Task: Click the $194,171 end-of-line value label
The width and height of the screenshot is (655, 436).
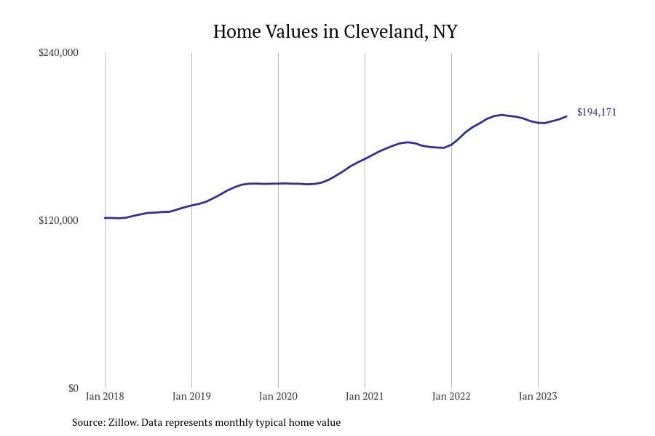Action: tap(597, 112)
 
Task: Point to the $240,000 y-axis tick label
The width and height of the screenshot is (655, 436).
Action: tap(58, 52)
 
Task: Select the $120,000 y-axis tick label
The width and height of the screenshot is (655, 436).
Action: tap(58, 220)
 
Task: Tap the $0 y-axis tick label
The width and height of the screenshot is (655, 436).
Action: tap(73, 388)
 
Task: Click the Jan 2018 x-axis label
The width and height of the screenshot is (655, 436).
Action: tap(105, 396)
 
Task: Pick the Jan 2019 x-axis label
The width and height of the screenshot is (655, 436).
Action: tap(191, 396)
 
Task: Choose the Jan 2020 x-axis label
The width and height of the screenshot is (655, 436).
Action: tap(278, 396)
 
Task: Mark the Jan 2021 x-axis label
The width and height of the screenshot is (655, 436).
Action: tap(365, 396)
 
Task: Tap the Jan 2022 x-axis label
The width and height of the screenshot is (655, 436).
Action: tap(451, 396)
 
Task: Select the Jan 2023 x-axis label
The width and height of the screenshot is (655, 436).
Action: tap(538, 396)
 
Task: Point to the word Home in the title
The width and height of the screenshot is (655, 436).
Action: tap(237, 32)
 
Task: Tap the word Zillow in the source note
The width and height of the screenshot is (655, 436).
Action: tap(123, 422)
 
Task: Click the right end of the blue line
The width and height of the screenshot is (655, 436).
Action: tap(566, 116)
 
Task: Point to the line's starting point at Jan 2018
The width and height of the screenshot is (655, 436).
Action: tap(105, 218)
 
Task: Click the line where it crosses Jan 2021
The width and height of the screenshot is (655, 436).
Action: tap(365, 159)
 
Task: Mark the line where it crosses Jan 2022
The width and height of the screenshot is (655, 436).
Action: tap(451, 145)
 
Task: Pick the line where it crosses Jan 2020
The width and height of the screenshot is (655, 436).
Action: tap(278, 184)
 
